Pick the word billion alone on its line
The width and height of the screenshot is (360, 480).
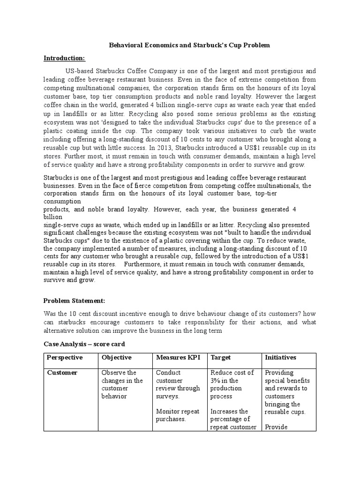click(x=53, y=217)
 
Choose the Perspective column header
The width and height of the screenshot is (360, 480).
click(x=65, y=357)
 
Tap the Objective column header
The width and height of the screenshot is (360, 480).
click(x=117, y=357)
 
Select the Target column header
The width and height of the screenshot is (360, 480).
click(x=221, y=357)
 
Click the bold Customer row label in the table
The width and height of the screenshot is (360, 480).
click(x=62, y=373)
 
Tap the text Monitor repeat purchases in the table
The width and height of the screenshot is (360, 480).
click(x=177, y=415)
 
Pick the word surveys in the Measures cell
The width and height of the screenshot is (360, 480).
click(x=167, y=396)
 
